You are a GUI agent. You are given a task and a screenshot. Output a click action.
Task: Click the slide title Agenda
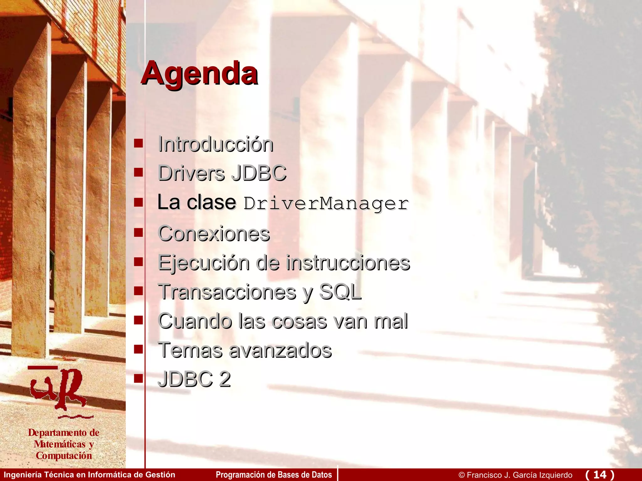click(x=199, y=73)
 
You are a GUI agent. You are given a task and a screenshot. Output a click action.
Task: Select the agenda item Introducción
click(x=216, y=145)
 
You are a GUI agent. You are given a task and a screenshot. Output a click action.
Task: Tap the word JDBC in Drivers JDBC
click(x=259, y=173)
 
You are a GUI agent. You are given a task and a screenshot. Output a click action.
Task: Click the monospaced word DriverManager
click(x=326, y=204)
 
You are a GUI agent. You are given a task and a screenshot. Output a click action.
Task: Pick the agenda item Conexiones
click(x=214, y=234)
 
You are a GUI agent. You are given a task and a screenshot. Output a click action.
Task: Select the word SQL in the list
click(x=340, y=292)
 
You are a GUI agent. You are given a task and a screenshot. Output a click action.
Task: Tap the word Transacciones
click(x=227, y=292)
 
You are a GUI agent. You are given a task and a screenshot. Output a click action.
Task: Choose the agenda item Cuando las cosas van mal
click(x=283, y=321)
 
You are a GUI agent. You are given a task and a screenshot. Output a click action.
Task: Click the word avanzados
click(x=280, y=350)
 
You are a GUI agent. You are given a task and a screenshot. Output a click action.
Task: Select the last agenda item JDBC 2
click(x=194, y=379)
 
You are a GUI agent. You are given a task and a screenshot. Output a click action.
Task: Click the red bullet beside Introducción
click(x=138, y=143)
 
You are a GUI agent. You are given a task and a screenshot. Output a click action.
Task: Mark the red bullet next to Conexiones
click(x=138, y=232)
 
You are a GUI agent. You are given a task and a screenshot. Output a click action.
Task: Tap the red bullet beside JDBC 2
click(x=138, y=378)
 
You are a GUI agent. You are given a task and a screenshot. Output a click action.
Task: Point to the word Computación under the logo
click(x=64, y=456)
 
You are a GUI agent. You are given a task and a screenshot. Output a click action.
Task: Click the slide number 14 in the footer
click(x=600, y=475)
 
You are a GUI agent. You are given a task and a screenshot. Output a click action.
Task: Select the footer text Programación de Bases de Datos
click(x=274, y=475)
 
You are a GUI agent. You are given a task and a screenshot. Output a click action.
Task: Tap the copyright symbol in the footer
click(x=461, y=475)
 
